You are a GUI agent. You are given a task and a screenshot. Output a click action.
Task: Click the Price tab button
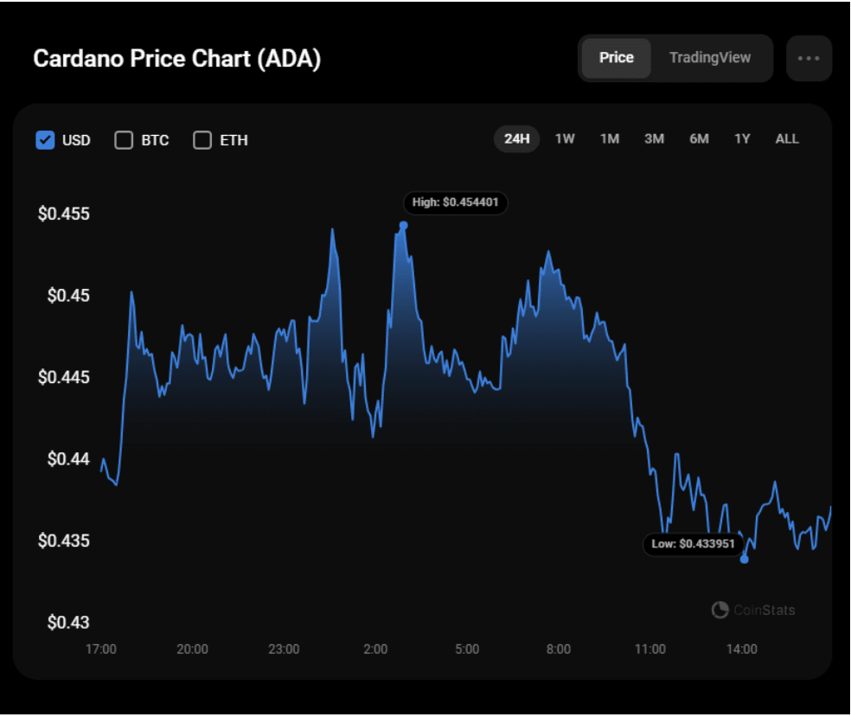pos(616,58)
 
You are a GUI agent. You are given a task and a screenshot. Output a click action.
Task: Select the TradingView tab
pos(709,58)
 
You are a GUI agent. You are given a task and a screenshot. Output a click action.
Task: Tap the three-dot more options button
pos(809,59)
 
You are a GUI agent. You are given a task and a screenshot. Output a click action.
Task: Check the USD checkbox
pos(46,140)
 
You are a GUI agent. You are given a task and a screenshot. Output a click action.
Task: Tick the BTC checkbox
pos(124,140)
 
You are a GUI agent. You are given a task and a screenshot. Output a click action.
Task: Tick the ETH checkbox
pos(202,140)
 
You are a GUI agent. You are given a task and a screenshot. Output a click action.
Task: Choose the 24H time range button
pos(516,139)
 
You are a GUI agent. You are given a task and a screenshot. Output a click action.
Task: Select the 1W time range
pos(565,139)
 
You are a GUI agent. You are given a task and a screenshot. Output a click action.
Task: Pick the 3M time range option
pos(654,139)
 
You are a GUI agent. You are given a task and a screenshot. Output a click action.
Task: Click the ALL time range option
pos(787,139)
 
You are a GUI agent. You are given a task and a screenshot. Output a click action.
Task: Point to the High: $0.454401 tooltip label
pos(455,203)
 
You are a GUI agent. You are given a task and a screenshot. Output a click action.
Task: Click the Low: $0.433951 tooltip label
pos(694,544)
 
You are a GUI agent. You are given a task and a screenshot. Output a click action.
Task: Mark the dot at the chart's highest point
pos(403,226)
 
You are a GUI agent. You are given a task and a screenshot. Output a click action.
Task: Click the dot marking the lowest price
pos(744,559)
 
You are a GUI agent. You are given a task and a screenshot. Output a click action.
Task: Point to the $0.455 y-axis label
pos(63,214)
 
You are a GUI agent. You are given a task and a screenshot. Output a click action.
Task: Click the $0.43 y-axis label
pos(67,623)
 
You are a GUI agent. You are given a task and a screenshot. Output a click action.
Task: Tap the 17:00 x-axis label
pos(101,650)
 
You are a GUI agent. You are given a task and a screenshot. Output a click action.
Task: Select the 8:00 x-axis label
pos(558,650)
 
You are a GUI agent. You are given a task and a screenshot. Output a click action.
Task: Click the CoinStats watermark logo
pos(752,611)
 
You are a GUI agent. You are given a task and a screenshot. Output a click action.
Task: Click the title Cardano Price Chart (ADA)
pos(176,60)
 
